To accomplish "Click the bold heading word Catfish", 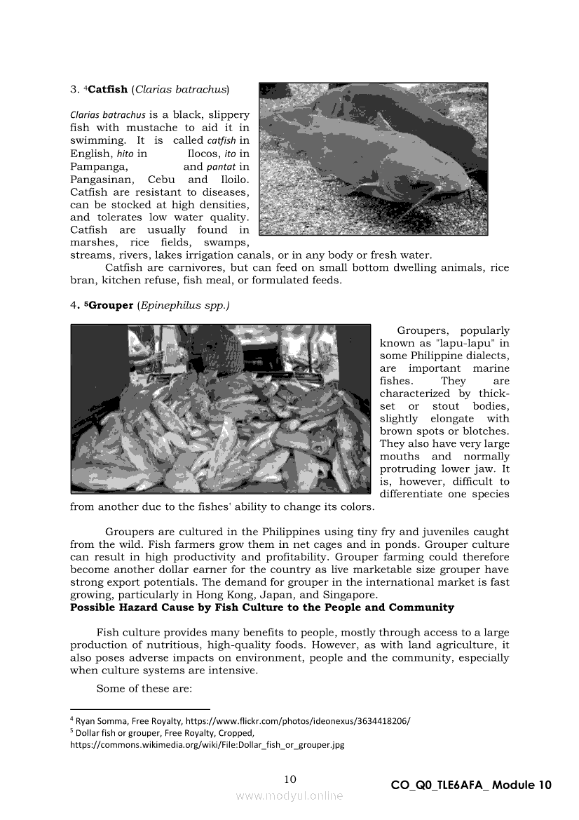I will click(108, 89).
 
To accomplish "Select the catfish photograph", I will click(373, 159).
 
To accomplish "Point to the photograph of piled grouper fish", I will click(220, 408).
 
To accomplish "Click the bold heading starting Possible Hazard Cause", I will click(262, 607).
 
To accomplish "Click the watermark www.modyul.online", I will click(289, 795).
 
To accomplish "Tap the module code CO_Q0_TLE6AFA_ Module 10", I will click(471, 785).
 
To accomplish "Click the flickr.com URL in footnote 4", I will click(303, 721).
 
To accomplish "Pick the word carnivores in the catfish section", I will click(179, 268).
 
